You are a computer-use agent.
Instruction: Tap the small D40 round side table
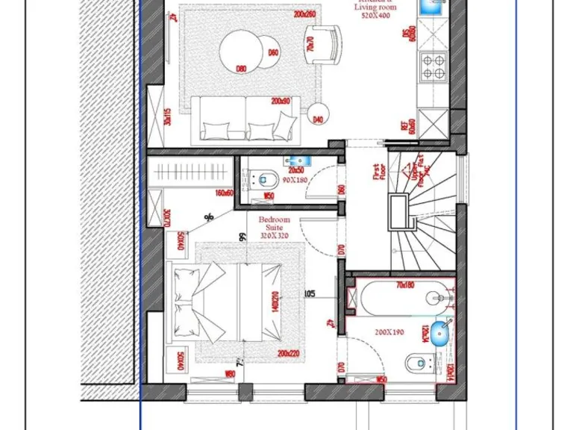319,113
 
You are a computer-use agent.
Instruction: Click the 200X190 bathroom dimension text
389,332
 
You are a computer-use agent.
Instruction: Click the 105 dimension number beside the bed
310,294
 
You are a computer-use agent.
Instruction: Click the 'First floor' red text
378,172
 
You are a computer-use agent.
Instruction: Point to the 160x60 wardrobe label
224,193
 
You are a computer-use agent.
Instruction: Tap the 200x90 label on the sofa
281,101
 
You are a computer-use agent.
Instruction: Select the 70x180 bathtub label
405,284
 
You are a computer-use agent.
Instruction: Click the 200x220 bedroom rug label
287,354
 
